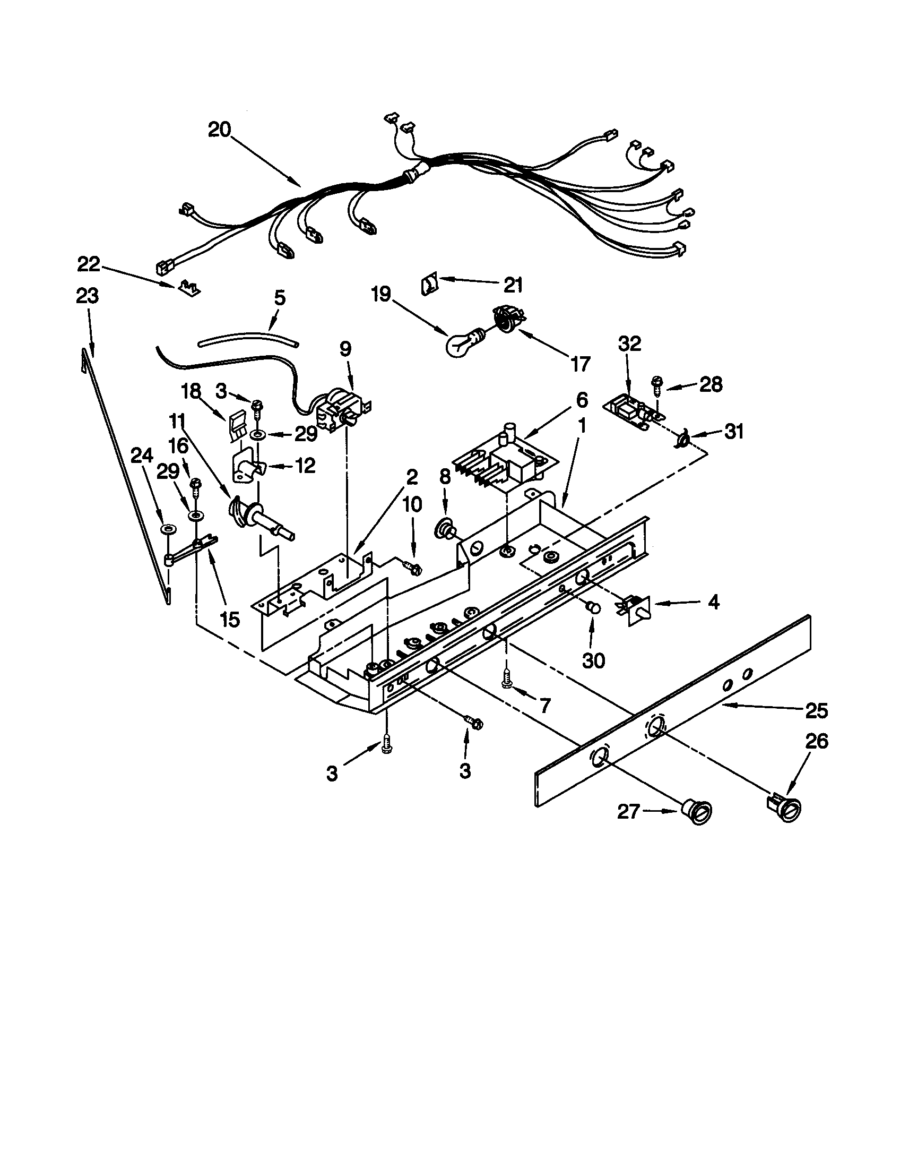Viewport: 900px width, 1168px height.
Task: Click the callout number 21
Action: click(513, 285)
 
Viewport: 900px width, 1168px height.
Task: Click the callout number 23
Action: click(88, 296)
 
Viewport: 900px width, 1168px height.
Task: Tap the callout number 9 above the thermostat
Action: click(346, 349)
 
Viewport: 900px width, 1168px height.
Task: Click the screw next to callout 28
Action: click(656, 385)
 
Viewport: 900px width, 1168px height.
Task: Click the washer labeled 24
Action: click(169, 529)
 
